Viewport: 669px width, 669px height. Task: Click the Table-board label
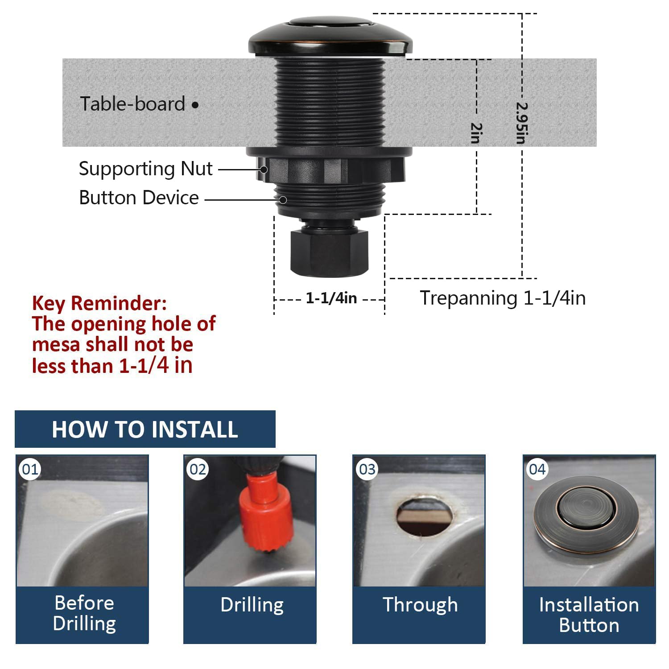pos(132,104)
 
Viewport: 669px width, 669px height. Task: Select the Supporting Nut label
pos(145,169)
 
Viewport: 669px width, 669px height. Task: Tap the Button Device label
pos(139,198)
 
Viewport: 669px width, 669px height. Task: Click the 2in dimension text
pos(477,133)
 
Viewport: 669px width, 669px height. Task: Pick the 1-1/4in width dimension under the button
pos(331,298)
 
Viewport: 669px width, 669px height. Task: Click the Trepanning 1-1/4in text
pos(503,298)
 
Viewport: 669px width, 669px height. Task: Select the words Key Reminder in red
pos(99,303)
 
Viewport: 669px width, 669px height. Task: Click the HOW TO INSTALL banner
pos(145,429)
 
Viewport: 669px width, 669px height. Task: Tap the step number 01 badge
pos(30,469)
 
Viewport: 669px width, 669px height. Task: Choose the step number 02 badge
pos(198,469)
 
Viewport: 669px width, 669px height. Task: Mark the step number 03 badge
pos(367,469)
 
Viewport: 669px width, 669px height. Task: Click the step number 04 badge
pos(537,469)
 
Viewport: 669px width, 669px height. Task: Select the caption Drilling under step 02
pos(252,605)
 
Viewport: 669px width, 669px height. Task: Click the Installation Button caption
pos(589,615)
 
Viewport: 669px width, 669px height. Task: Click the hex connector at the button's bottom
pos(329,252)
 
